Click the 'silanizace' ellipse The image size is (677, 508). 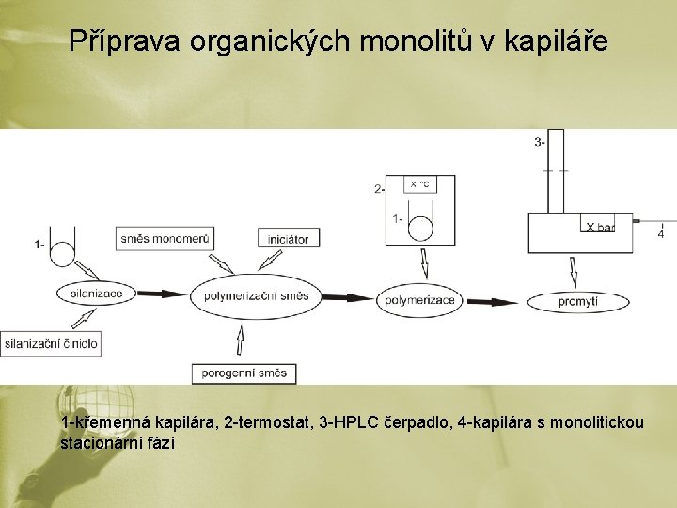pyautogui.click(x=96, y=294)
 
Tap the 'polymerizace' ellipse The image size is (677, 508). pyautogui.click(x=418, y=300)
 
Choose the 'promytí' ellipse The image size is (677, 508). pyautogui.click(x=578, y=301)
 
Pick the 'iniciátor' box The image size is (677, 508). pyautogui.click(x=288, y=239)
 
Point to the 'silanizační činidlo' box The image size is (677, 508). pyautogui.click(x=50, y=343)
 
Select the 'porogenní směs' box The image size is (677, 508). pyautogui.click(x=244, y=373)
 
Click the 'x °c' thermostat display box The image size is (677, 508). pyautogui.click(x=419, y=184)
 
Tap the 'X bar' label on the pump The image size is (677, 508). pyautogui.click(x=600, y=227)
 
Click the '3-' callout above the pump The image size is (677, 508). pyautogui.click(x=539, y=143)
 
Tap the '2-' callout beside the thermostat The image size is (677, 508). pyautogui.click(x=379, y=189)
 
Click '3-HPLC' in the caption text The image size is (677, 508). pyautogui.click(x=350, y=422)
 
